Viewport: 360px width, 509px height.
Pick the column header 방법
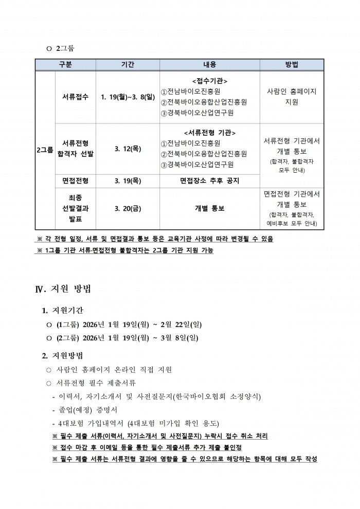[292, 64]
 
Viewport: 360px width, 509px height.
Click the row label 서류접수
[75, 96]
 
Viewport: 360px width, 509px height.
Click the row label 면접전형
[75, 180]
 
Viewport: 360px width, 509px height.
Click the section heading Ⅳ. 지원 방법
[63, 288]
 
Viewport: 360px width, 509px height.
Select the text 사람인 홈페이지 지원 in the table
[292, 96]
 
